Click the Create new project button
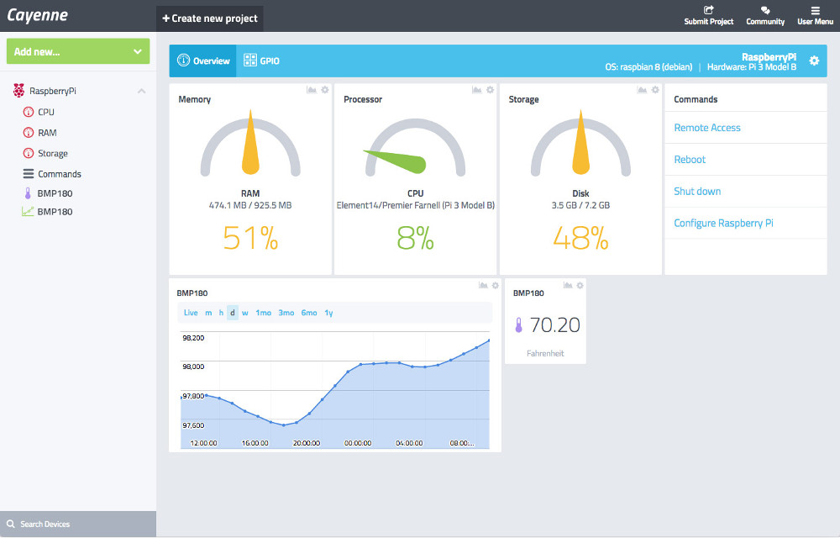pos(209,18)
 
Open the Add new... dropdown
pos(78,51)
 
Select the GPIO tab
pos(261,61)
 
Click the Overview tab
pos(203,61)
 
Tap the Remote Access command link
pos(707,128)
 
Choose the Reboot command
pos(690,160)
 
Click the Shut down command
pos(697,192)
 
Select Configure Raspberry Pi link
pos(723,224)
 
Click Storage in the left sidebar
pos(52,154)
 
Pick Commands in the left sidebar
pos(59,174)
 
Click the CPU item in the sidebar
pos(45,112)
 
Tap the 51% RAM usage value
pos(250,240)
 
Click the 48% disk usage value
pos(580,240)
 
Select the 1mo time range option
pos(264,313)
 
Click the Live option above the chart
pos(191,313)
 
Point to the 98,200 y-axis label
pos(193,338)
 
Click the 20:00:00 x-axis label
pos(306,442)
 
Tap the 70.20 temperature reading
pos(554,324)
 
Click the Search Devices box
pos(77,525)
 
